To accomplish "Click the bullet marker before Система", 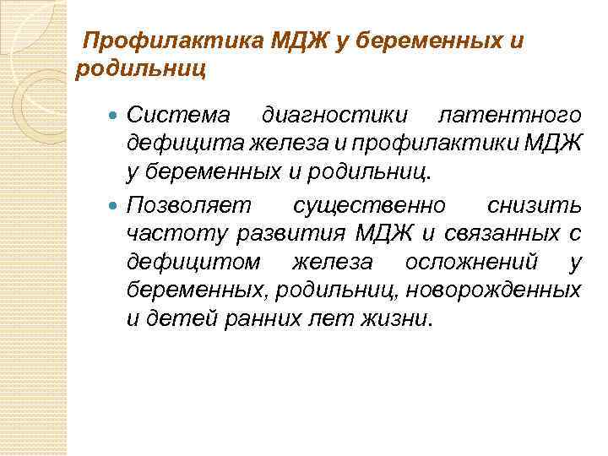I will click(x=116, y=113).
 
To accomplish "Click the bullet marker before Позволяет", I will click(x=116, y=204).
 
